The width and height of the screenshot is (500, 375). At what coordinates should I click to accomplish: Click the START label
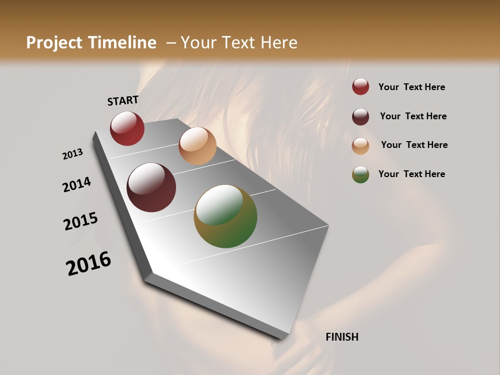pyautogui.click(x=123, y=101)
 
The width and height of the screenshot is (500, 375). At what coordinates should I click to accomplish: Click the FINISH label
pyautogui.click(x=342, y=337)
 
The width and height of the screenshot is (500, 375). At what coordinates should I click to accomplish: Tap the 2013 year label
pyautogui.click(x=73, y=154)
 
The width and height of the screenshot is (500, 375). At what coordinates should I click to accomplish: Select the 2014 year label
pyautogui.click(x=77, y=184)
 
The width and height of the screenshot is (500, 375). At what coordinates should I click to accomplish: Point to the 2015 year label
pyautogui.click(x=81, y=221)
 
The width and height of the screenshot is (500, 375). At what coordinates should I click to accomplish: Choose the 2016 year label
pyautogui.click(x=89, y=264)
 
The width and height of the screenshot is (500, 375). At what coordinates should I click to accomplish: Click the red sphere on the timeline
pyautogui.click(x=127, y=128)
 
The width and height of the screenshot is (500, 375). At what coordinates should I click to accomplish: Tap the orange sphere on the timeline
pyautogui.click(x=197, y=146)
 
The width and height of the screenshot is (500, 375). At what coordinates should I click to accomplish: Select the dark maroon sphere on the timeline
pyautogui.click(x=151, y=187)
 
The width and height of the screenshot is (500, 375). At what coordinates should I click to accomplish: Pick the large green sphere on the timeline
pyautogui.click(x=226, y=216)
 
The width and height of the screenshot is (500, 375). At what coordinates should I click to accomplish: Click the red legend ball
pyautogui.click(x=360, y=87)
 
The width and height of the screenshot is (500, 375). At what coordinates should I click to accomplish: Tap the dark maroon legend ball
pyautogui.click(x=360, y=117)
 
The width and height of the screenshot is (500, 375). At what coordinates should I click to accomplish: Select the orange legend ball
pyautogui.click(x=360, y=146)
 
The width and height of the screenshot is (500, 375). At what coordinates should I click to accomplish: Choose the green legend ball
pyautogui.click(x=360, y=174)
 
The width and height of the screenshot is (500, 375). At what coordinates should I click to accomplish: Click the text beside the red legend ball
pyautogui.click(x=411, y=87)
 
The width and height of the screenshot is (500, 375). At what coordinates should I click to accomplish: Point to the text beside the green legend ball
pyautogui.click(x=411, y=174)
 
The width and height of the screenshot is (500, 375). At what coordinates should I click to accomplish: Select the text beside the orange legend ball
pyautogui.click(x=414, y=145)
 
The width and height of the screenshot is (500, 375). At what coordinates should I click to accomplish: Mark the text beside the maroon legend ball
pyautogui.click(x=413, y=116)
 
